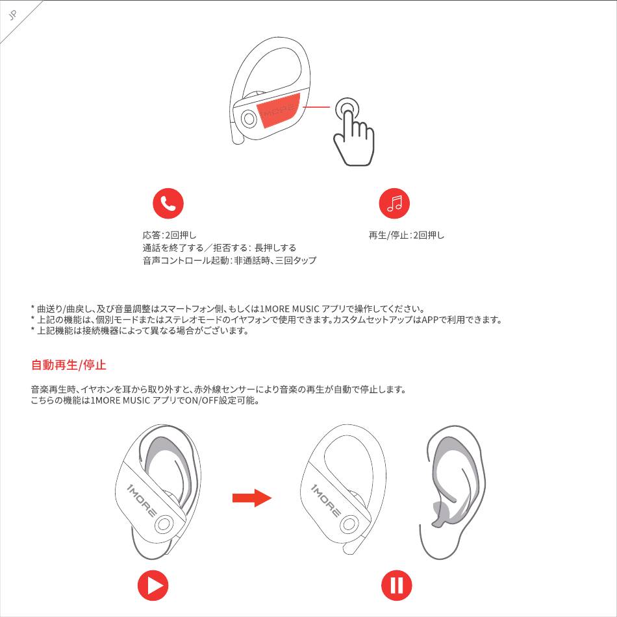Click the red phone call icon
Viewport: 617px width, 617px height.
tap(168, 204)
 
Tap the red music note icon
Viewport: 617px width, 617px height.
tap(394, 204)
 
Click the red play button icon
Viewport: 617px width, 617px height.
tap(153, 585)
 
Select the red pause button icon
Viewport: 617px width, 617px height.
tap(397, 585)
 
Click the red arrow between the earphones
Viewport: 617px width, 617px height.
tap(252, 498)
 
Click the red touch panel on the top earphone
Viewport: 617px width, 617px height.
tap(278, 110)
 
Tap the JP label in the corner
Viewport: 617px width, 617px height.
tap(13, 16)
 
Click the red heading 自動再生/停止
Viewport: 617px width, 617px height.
tap(69, 365)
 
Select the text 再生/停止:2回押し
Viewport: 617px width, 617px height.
tap(406, 236)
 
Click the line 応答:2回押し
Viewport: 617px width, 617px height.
tap(170, 236)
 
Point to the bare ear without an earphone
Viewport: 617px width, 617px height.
tap(453, 492)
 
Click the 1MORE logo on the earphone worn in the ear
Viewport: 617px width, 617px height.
tap(142, 500)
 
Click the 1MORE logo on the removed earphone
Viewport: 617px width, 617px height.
tap(326, 500)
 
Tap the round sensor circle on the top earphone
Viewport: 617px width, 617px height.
tap(249, 118)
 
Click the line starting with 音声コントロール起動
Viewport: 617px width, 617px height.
tap(229, 261)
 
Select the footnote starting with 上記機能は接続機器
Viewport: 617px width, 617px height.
tap(140, 330)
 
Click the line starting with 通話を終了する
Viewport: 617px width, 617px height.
tap(220, 248)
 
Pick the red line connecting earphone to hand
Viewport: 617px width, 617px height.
tap(316, 106)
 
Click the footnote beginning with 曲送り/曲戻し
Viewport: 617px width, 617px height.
tap(228, 309)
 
